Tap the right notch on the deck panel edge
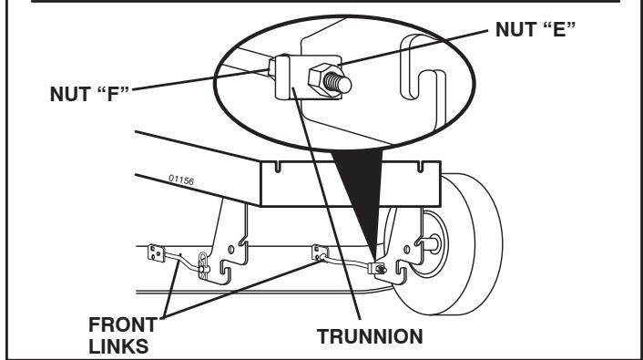pos(421,168)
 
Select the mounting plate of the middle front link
pos(321,252)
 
